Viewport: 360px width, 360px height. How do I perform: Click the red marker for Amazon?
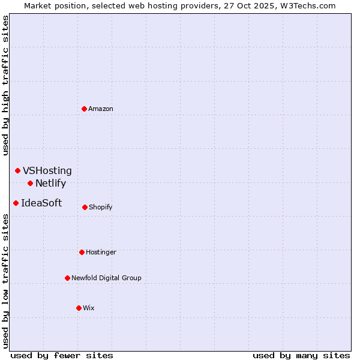pos(85,109)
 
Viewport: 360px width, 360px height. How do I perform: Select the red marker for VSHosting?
pos(17,171)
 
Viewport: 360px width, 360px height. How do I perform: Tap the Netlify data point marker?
pos(30,183)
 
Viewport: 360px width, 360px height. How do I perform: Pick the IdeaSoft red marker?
pos(16,203)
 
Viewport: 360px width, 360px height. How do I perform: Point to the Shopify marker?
pos(85,207)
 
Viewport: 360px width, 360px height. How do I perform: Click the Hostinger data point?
pos(82,252)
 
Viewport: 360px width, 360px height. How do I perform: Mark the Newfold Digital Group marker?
pos(67,278)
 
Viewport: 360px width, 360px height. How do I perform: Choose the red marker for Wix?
pos(79,308)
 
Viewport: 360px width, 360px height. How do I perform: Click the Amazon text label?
pos(101,109)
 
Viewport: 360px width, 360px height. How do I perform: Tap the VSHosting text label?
pos(47,171)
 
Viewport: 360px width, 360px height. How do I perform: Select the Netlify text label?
pos(50,184)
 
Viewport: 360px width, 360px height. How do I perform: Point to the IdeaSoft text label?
pos(41,203)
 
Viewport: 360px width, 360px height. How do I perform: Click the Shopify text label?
pos(101,207)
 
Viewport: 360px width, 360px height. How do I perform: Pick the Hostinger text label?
pos(101,252)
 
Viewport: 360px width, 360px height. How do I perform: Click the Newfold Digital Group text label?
pos(106,278)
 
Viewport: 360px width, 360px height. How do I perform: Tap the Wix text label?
pos(89,308)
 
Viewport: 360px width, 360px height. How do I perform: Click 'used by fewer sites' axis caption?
pos(62,356)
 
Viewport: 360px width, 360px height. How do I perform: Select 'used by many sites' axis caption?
pos(301,356)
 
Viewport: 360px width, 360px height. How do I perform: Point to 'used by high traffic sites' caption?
pos(6,85)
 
